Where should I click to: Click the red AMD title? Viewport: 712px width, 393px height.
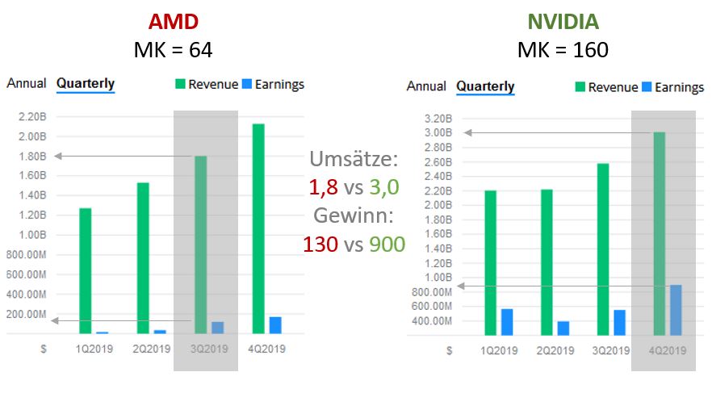coord(172,20)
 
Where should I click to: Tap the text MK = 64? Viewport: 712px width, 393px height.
coord(172,50)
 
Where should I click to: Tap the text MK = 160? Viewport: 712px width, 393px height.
coord(563,50)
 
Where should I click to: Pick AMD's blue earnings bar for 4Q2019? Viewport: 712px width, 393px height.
coord(275,325)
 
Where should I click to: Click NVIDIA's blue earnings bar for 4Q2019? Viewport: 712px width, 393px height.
coord(676,310)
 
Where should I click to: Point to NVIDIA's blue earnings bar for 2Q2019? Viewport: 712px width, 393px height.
coord(563,328)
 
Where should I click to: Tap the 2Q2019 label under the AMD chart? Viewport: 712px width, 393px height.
coord(152,349)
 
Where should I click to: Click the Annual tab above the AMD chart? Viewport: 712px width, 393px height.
coord(27,83)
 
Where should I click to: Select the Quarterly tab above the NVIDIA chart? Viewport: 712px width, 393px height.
coord(485,86)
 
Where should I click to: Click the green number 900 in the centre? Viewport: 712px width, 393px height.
coord(387,243)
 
